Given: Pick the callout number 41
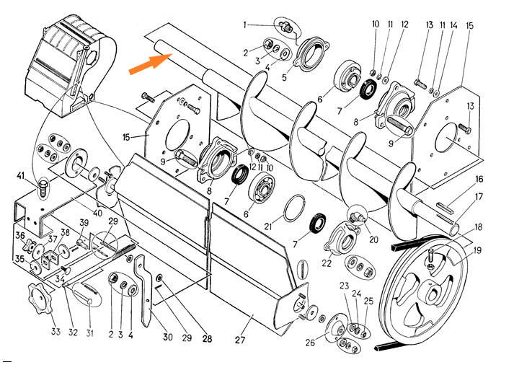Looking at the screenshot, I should pos(22,177).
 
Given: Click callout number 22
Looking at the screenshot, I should pos(326,263).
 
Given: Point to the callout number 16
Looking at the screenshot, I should pos(479,179).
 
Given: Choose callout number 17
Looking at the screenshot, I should pos(479,196).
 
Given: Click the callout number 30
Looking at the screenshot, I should pos(167,335).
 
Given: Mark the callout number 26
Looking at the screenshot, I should pos(311,343).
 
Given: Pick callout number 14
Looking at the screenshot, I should pos(454,25).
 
